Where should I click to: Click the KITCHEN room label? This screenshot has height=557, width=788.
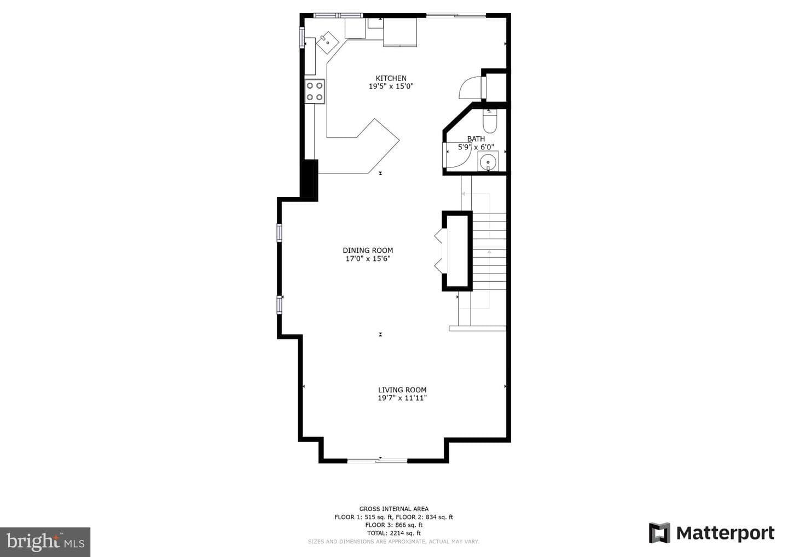(x=391, y=78)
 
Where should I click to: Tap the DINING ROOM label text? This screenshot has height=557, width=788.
(x=368, y=251)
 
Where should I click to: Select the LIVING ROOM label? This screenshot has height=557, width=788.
(x=402, y=390)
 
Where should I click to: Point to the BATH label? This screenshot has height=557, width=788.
(x=476, y=139)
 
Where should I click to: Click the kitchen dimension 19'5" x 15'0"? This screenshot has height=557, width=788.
(x=391, y=86)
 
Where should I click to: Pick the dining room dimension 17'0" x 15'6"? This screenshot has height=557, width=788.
(x=368, y=259)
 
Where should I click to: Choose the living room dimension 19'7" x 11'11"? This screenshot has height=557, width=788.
(x=402, y=398)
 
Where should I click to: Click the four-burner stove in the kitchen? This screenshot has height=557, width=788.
(x=315, y=91)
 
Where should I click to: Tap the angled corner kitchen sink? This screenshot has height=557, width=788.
(x=327, y=43)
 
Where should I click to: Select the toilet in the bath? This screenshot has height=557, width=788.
(x=489, y=120)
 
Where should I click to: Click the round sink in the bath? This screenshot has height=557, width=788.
(x=488, y=162)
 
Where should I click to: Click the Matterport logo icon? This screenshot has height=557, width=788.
(x=659, y=533)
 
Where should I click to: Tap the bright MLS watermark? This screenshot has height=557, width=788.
(x=45, y=542)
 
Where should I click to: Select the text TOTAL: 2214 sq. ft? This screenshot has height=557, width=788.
(x=393, y=533)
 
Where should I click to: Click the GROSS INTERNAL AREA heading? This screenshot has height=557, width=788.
(x=393, y=509)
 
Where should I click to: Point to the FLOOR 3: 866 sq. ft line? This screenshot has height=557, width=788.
(x=393, y=525)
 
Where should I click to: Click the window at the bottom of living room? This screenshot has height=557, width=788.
(x=378, y=460)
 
